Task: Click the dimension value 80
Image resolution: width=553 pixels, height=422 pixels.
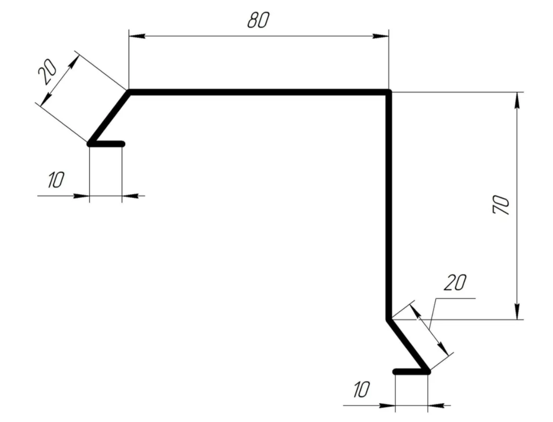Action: click(x=258, y=20)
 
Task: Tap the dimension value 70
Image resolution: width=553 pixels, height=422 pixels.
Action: click(x=501, y=205)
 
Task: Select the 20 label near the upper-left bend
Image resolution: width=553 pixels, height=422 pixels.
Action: click(x=47, y=72)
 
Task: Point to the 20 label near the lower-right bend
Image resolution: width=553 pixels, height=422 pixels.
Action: click(x=455, y=282)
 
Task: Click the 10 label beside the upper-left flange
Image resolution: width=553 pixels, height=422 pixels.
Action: click(x=56, y=180)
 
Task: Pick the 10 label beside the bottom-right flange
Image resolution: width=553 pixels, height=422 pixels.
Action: click(x=362, y=389)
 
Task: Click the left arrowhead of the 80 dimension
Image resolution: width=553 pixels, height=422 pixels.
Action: click(x=137, y=36)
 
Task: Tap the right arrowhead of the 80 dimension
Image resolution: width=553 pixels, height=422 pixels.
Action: click(x=381, y=36)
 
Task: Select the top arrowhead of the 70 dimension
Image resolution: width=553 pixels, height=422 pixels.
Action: click(x=517, y=100)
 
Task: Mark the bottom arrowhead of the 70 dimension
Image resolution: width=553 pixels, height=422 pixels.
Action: click(x=517, y=312)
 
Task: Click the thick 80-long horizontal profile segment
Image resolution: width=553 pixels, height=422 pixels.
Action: click(x=259, y=92)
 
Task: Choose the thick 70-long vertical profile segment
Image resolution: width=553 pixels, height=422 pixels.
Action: click(x=389, y=206)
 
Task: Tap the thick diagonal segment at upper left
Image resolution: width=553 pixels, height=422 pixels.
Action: click(x=109, y=118)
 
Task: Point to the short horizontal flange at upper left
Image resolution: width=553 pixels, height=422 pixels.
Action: click(x=106, y=144)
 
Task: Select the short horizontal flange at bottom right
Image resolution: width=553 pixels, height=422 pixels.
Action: click(x=412, y=372)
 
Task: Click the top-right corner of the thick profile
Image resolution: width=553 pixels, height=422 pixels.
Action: click(x=389, y=92)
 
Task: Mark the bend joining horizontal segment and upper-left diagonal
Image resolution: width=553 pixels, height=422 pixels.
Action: click(x=129, y=92)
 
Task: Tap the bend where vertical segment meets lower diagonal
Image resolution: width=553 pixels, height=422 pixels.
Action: click(x=389, y=319)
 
